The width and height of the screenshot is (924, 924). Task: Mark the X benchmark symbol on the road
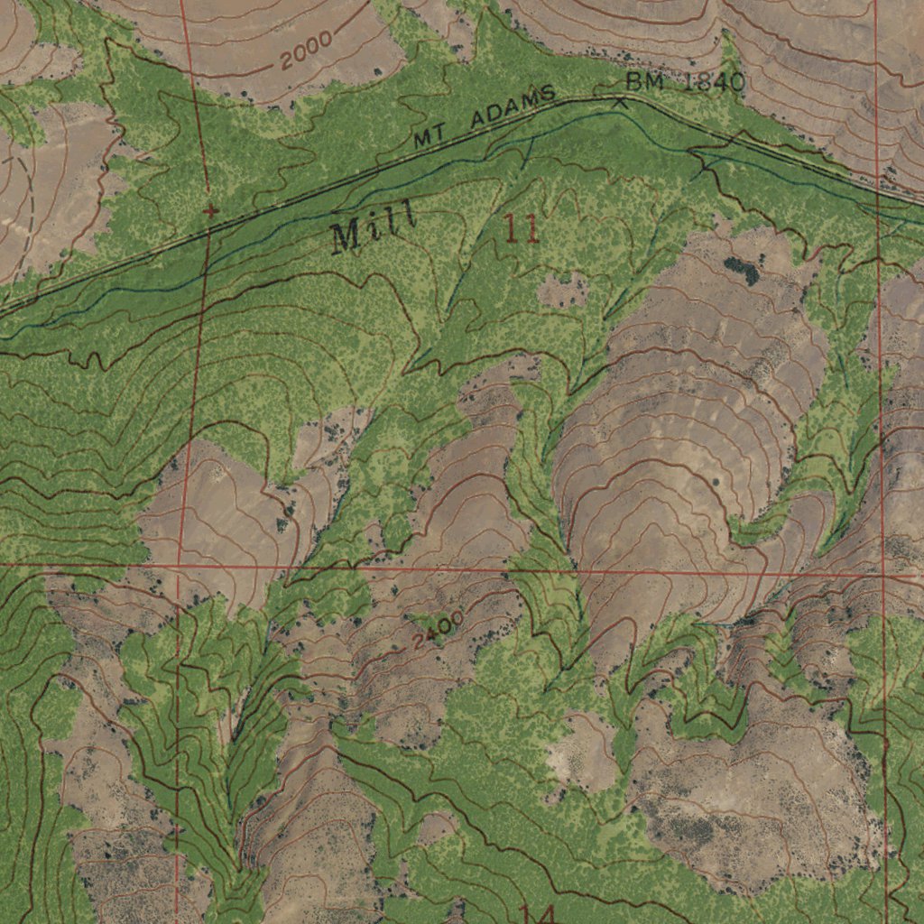click(620, 101)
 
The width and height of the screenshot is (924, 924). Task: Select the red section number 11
click(522, 230)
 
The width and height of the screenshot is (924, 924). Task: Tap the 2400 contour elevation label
click(439, 630)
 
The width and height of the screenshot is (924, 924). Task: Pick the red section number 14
click(537, 913)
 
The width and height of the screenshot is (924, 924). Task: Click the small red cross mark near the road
click(210, 212)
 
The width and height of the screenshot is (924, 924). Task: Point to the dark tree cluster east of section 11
click(741, 270)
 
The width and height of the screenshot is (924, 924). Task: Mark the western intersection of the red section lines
click(183, 566)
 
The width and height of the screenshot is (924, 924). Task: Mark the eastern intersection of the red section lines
click(882, 574)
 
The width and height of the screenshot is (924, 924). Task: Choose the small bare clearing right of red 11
click(561, 291)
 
